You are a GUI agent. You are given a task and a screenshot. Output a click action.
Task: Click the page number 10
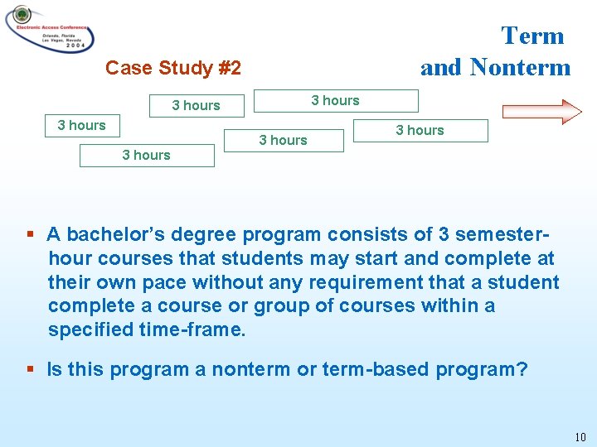click(x=580, y=436)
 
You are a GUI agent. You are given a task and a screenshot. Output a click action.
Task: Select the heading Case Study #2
click(x=173, y=68)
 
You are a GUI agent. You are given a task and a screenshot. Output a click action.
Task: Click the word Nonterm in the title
click(x=520, y=67)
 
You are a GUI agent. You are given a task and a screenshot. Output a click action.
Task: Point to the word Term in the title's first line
click(x=532, y=36)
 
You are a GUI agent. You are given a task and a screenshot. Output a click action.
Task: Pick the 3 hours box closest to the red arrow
click(x=420, y=131)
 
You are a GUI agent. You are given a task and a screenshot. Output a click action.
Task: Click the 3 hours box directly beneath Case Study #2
click(x=197, y=106)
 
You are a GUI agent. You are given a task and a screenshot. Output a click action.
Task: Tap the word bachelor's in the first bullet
click(x=115, y=234)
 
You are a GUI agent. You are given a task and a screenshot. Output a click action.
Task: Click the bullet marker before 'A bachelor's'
click(x=32, y=234)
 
